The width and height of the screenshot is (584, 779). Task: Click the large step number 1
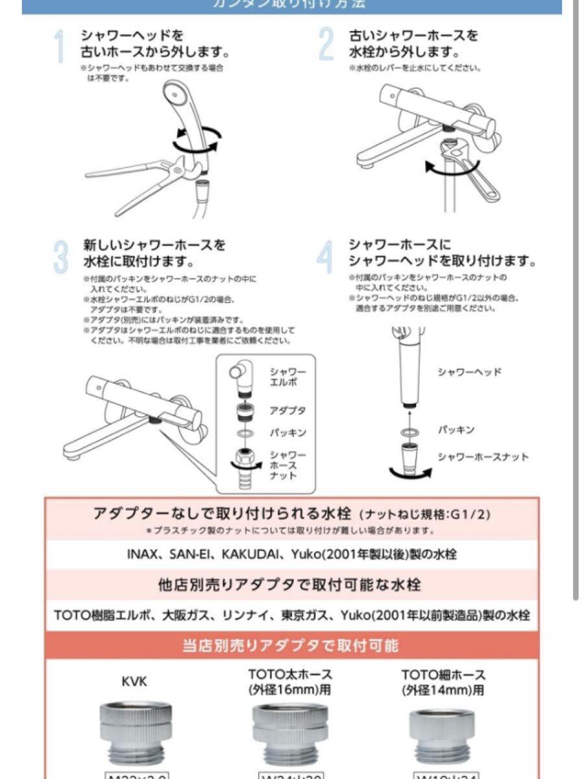60,47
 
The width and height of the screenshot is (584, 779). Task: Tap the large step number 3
60,257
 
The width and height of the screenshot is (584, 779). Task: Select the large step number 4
324,257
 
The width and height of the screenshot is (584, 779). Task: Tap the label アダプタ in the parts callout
287,410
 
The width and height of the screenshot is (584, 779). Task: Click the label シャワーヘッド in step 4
468,372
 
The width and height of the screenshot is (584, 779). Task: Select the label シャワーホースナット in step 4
483,456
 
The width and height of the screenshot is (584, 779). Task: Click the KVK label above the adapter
135,682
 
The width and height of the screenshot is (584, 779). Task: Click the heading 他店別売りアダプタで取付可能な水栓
289,585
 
